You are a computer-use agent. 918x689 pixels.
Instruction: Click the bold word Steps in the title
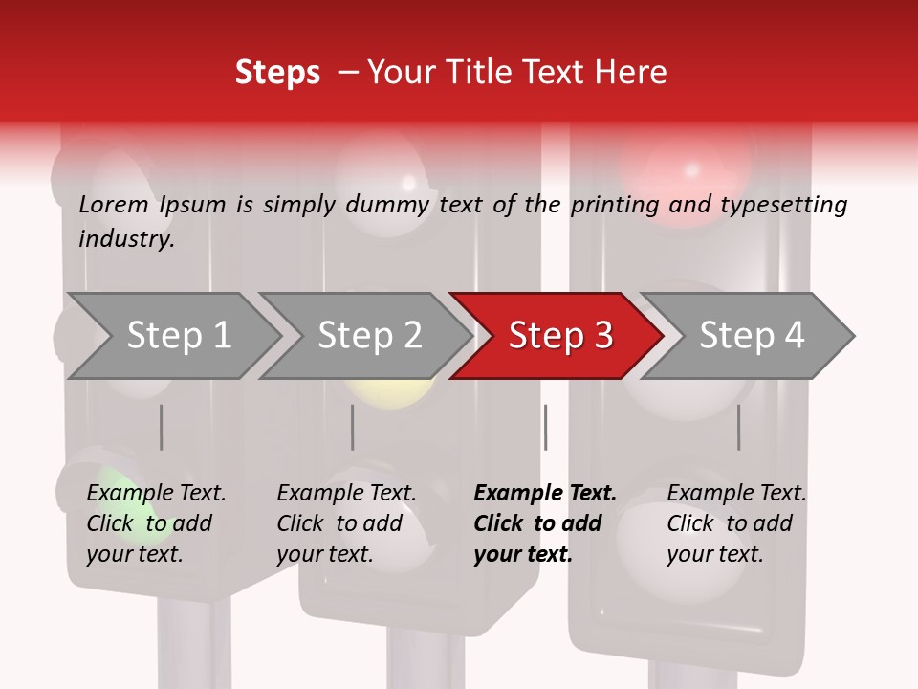pyautogui.click(x=277, y=73)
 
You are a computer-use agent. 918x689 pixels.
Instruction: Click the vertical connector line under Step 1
pyautogui.click(x=162, y=427)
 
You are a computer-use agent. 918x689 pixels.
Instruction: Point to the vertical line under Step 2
pyautogui.click(x=353, y=427)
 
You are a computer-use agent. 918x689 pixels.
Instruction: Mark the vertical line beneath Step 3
pyautogui.click(x=546, y=427)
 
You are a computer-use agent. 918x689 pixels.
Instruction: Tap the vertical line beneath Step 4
pyautogui.click(x=739, y=427)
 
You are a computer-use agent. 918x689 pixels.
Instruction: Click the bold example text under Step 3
pyautogui.click(x=544, y=523)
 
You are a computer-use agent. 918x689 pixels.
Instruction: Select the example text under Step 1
pyautogui.click(x=156, y=523)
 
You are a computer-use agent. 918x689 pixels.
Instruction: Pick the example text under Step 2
pyautogui.click(x=346, y=523)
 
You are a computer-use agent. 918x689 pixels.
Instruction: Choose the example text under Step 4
pyautogui.click(x=736, y=523)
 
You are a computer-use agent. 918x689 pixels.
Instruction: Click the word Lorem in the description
pyautogui.click(x=114, y=205)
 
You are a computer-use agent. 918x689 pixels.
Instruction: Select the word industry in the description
pyautogui.click(x=125, y=239)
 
